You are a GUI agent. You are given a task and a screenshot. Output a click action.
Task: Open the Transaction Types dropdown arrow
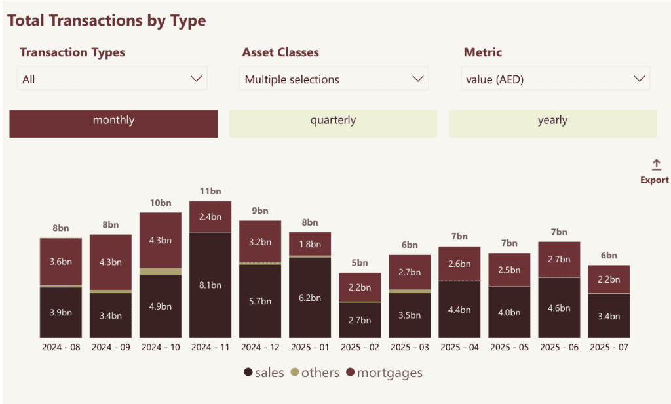tap(196, 79)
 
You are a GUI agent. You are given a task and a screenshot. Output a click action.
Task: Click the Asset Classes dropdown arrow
tap(418, 79)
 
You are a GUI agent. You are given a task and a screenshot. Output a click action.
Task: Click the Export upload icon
tap(656, 165)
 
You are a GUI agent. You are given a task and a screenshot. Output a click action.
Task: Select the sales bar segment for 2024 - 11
tap(210, 285)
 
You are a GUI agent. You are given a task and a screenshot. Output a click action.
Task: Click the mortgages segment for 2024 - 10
tap(161, 240)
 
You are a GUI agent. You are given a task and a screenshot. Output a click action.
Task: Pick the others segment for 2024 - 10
tap(161, 271)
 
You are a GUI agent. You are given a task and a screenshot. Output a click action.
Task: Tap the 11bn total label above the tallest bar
tap(210, 192)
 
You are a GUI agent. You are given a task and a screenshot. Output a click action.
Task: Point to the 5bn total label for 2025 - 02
tap(360, 263)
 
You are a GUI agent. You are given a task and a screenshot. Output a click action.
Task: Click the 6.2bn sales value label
tap(310, 298)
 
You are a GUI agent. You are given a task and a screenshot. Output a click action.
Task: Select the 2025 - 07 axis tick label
tap(609, 347)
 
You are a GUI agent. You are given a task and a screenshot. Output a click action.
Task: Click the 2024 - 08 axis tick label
tap(61, 347)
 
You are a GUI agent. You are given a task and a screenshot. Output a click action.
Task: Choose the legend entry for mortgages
tap(385, 373)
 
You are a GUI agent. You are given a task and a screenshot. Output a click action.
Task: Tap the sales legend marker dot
tap(248, 373)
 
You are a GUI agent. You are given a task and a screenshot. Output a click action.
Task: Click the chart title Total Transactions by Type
tap(107, 20)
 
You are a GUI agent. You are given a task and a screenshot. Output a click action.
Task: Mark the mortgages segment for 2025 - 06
tap(559, 259)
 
